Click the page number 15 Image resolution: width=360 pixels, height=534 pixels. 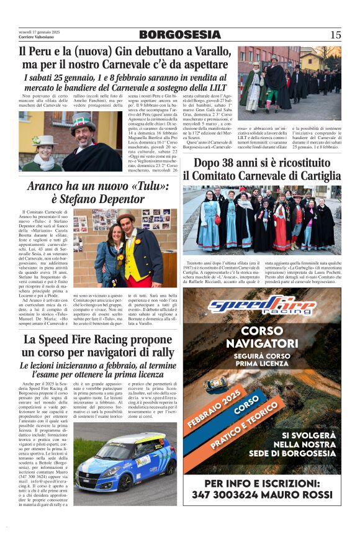click(335, 35)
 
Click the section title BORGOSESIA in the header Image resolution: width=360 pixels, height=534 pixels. click(179, 35)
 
